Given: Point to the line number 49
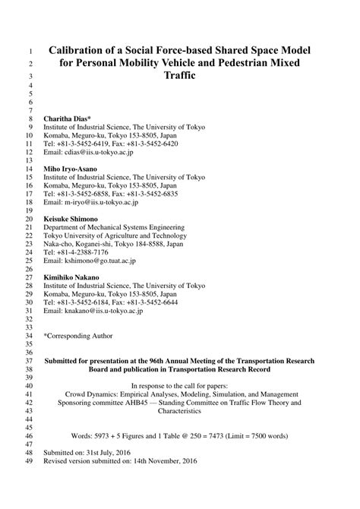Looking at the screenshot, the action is [x=30, y=483].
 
